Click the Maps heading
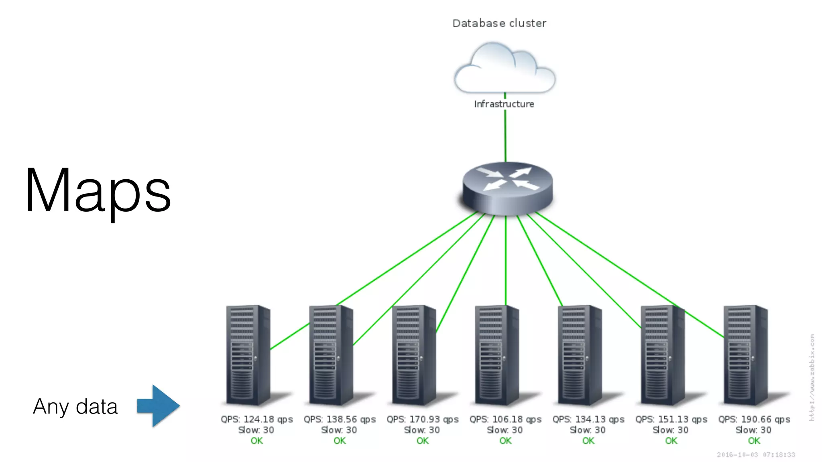98,191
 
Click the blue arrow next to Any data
158,405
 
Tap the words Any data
75,407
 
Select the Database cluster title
499,23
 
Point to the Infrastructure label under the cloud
504,104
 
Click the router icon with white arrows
507,188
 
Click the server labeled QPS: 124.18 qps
248,355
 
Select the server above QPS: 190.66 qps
745,355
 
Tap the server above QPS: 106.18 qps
496,355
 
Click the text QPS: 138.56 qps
340,419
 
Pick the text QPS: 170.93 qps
422,419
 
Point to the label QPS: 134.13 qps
588,419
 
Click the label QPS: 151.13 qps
671,419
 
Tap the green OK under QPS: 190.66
754,441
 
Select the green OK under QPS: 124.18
256,441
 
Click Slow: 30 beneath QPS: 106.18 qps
505,430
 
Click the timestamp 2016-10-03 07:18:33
755,455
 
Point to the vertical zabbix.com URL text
812,377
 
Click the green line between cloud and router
505,136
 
